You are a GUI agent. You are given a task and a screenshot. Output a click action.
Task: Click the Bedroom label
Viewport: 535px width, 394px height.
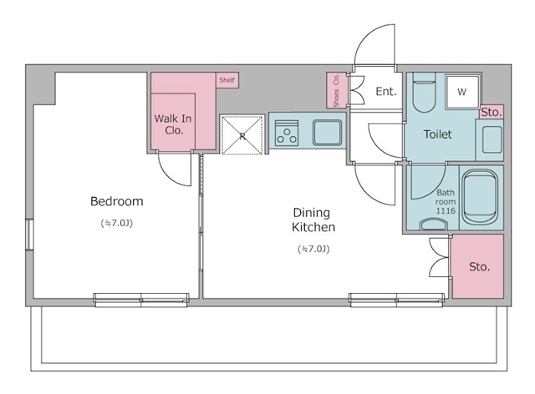coord(117,201)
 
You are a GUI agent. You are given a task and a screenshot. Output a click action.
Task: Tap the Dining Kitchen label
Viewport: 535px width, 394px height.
coord(313,220)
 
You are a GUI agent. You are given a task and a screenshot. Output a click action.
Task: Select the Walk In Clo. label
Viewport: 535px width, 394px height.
coord(173,124)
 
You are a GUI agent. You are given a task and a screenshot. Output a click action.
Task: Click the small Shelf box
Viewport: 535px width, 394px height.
coord(227,80)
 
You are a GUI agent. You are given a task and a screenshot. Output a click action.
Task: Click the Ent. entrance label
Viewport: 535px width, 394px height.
coord(386,91)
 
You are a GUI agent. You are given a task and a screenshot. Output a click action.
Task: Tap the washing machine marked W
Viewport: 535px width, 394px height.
coord(462,91)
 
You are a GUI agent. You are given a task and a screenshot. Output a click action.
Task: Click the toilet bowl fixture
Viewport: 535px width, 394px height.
coord(424,93)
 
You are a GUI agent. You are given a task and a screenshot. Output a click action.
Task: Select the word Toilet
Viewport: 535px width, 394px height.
coord(438,134)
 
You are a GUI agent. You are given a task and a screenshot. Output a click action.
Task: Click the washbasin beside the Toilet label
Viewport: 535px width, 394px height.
coord(492,139)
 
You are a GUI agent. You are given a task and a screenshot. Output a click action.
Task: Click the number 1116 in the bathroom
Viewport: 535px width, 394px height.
coord(446,210)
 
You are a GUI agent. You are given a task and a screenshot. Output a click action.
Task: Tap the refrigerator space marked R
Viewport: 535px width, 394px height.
coord(242,134)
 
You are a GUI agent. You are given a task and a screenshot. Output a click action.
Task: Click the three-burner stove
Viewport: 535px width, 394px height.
coord(287,134)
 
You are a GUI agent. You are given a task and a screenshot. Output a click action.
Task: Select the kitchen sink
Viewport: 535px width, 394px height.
coord(328,133)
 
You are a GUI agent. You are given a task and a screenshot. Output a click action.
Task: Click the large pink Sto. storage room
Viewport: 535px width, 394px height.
coord(478,266)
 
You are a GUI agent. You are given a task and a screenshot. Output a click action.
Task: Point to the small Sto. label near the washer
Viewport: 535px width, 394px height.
coord(492,112)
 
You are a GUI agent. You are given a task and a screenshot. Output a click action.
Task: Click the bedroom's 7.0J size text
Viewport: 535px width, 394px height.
coord(117,223)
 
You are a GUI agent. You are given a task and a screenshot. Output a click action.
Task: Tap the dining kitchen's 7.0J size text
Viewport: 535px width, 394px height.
coord(313,249)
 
